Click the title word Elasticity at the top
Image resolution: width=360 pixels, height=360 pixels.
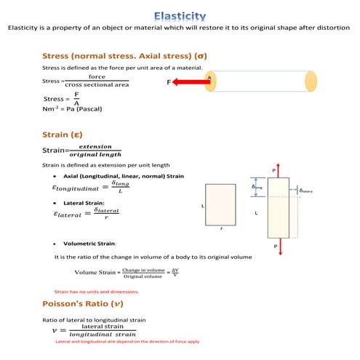click(180, 15)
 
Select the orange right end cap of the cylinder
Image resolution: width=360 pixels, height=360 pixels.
click(308, 81)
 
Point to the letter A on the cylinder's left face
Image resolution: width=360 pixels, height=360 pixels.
click(209, 76)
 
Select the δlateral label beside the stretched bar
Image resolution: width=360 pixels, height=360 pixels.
click(305, 191)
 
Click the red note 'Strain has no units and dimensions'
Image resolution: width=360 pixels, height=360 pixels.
click(97, 291)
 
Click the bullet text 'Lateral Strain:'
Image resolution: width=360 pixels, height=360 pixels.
click(84, 202)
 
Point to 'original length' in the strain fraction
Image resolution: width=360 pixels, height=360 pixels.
click(95, 154)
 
